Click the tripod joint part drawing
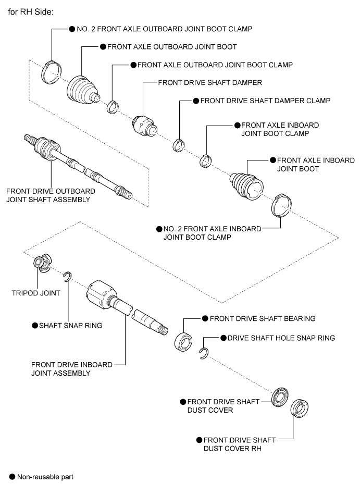(x=42, y=262)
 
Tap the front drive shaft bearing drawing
(x=183, y=341)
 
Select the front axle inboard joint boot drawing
(x=246, y=185)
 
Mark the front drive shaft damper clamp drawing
(x=179, y=145)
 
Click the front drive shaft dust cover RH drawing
(x=299, y=408)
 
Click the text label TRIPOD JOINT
(x=36, y=293)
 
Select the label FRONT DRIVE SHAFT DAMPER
(x=210, y=82)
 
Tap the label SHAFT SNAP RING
(x=70, y=326)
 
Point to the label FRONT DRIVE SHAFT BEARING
(x=263, y=318)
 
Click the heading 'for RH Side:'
(x=31, y=12)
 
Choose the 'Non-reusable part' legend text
(x=45, y=477)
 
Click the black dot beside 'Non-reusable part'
(x=12, y=477)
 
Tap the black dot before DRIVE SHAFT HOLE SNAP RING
(x=224, y=338)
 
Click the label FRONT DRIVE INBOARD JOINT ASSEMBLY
(x=72, y=369)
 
